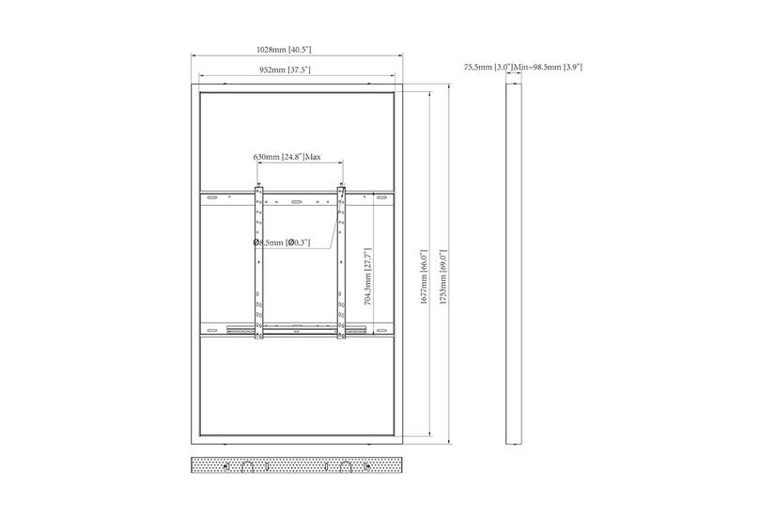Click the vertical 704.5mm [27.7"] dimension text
coord(369,278)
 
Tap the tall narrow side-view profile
coord(514,264)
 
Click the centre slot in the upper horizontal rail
coord(297,201)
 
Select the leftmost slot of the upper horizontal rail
coord(212,197)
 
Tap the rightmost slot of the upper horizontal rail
coord(381,197)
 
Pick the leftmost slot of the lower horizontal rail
coord(212,329)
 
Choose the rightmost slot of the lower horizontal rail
coord(381,329)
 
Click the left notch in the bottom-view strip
coord(246,466)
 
